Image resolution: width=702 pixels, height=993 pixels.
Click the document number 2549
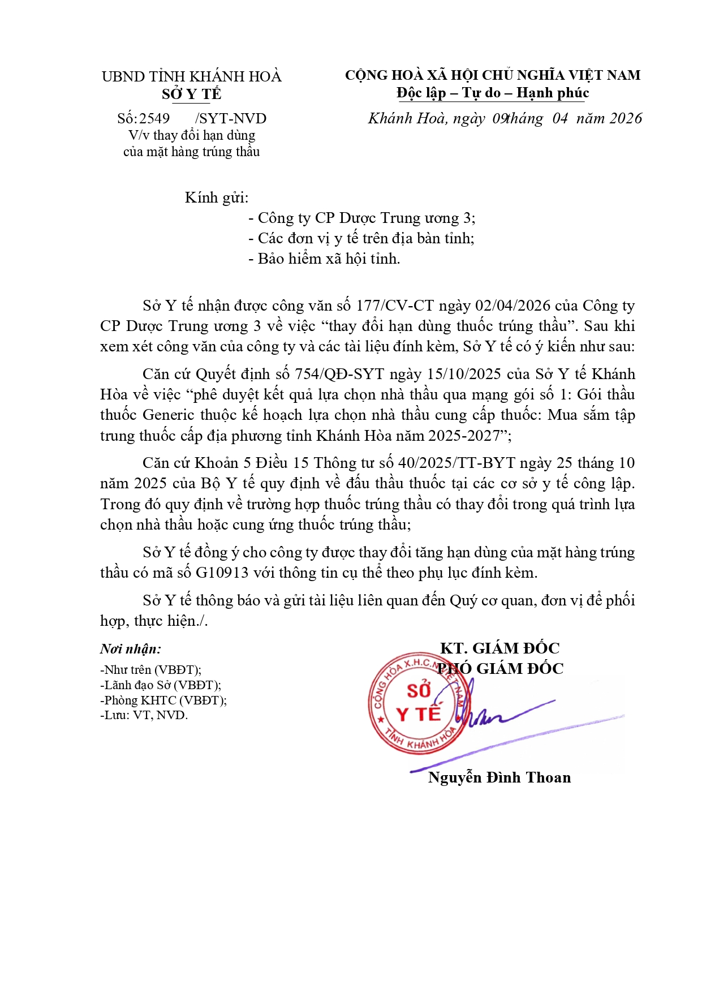coord(154,118)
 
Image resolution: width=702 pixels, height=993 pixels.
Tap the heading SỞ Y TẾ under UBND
coord(191,94)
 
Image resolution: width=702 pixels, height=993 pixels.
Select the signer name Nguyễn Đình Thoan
coord(499,777)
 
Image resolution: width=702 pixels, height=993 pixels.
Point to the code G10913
coord(222,573)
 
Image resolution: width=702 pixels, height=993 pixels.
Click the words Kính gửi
coord(216,197)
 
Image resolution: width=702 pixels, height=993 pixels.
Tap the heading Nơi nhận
coord(131,649)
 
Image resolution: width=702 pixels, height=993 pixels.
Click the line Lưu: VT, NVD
coord(144,715)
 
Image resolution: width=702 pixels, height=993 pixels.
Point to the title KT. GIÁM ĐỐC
coord(499,648)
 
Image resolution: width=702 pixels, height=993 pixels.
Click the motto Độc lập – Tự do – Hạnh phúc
coord(492,93)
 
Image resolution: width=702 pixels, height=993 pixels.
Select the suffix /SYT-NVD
coord(230,118)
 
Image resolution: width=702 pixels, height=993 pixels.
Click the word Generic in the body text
coord(169,415)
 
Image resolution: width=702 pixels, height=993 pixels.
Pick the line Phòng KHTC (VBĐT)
coord(163,700)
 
